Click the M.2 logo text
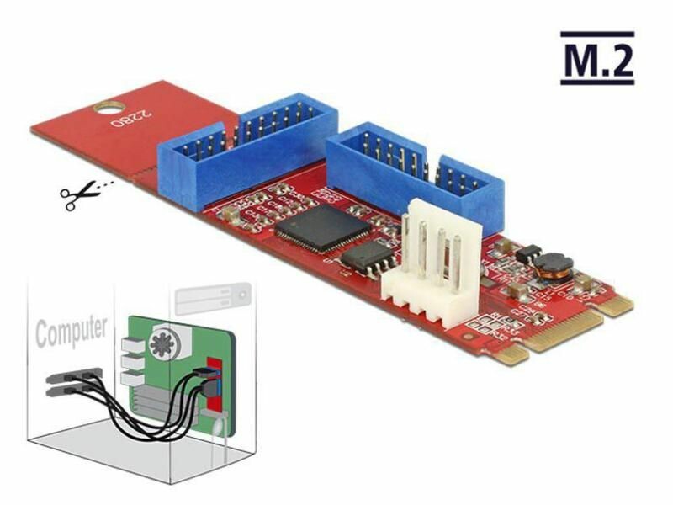coord(597,58)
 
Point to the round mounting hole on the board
coord(107,108)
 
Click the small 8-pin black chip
coord(366,258)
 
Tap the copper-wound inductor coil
coord(552,267)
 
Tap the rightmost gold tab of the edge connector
coord(618,307)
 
